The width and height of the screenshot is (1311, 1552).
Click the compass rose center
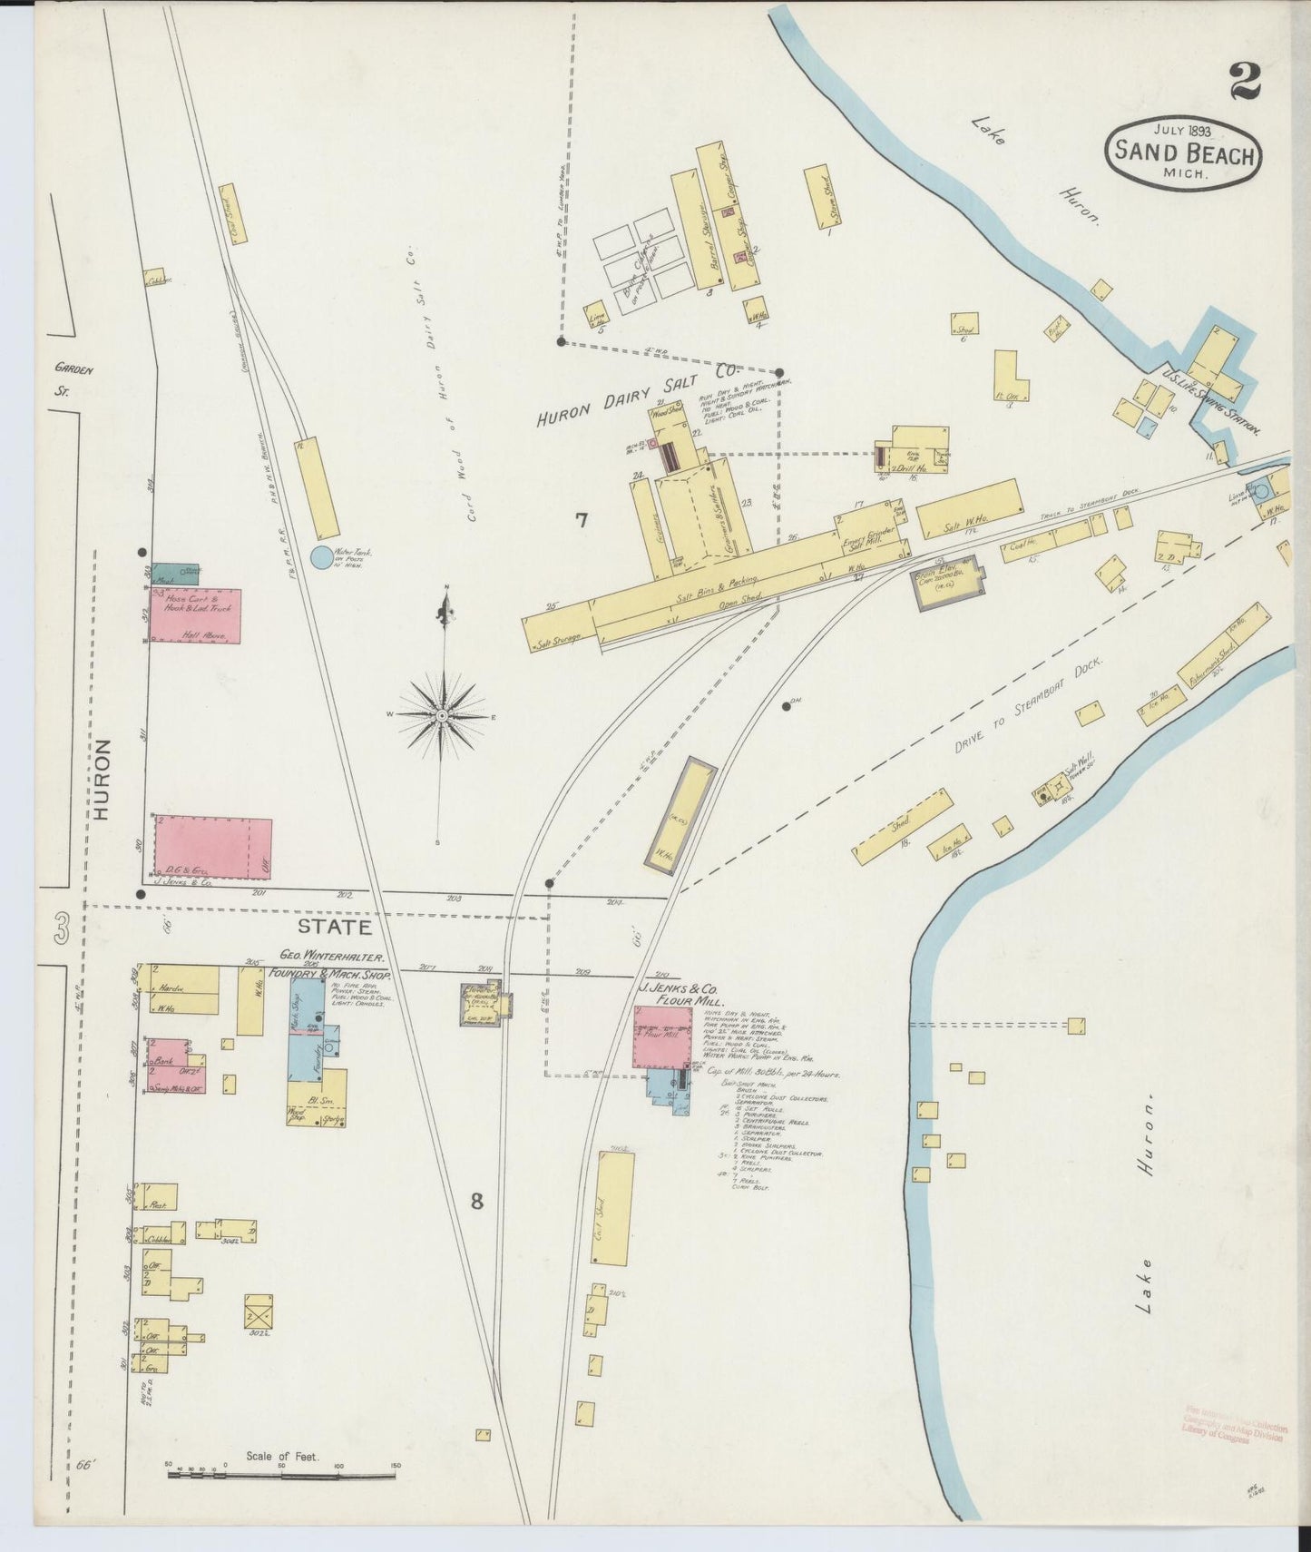pos(441,716)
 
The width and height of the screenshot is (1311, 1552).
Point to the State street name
pos(335,927)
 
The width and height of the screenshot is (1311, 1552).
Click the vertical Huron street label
pos(101,780)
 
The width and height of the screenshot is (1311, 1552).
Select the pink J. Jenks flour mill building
pos(662,1036)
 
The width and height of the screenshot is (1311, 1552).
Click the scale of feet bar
pos(281,1477)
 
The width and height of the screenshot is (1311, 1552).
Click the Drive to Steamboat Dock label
pos(1028,706)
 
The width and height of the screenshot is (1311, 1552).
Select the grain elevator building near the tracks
pos(949,583)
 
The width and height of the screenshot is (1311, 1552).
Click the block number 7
pos(581,519)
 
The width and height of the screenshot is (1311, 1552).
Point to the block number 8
pos(475,1201)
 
